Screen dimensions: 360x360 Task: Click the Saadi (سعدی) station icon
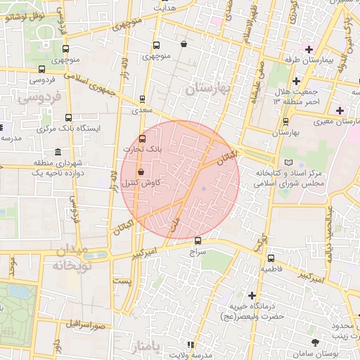point(143,99)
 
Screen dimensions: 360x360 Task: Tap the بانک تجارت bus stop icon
point(143,139)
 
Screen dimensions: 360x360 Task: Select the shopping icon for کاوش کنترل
point(141,172)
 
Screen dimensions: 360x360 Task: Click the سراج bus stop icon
point(198,240)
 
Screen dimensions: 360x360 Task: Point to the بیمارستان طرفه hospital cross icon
point(309,49)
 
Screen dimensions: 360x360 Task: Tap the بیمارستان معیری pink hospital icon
point(340,110)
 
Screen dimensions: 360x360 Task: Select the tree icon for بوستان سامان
point(314,342)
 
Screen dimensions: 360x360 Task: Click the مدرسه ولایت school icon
point(190,344)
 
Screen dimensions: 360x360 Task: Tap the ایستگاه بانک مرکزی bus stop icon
point(68,118)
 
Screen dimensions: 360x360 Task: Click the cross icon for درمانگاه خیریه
point(252,296)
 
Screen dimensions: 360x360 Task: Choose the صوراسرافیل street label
point(86,326)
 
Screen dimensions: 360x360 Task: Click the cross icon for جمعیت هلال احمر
point(296,82)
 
